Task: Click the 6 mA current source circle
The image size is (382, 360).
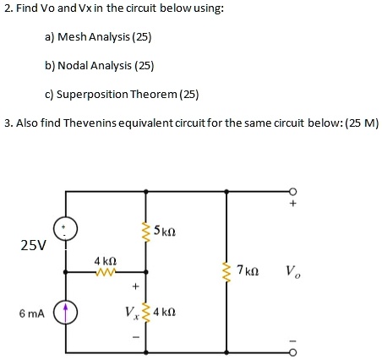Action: [67, 312]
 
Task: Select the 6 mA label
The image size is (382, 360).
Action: [33, 313]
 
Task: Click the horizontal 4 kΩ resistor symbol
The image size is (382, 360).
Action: [105, 272]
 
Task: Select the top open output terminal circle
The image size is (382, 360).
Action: [293, 190]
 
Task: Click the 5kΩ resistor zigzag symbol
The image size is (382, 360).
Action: [146, 229]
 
